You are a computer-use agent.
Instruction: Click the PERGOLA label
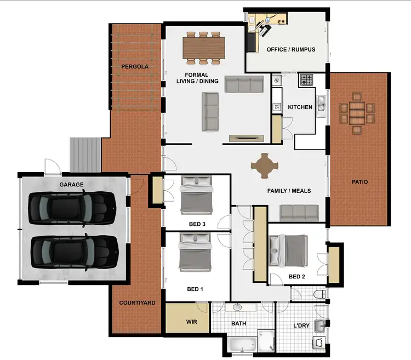coord(134,67)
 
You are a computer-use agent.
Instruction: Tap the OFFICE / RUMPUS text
coord(288,49)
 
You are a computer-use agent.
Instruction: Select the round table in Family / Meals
coord(265,165)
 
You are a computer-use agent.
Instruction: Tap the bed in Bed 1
coord(195,252)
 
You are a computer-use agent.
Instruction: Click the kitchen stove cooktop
coord(306,81)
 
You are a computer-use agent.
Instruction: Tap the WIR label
coord(191,322)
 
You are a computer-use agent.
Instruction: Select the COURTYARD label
coord(137,302)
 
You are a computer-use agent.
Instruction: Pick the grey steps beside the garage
coord(85,154)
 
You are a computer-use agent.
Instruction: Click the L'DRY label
coord(302,325)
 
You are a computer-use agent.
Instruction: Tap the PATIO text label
coord(359,181)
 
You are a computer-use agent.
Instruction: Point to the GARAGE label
coord(71,185)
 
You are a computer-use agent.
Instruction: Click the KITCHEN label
coord(300,107)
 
